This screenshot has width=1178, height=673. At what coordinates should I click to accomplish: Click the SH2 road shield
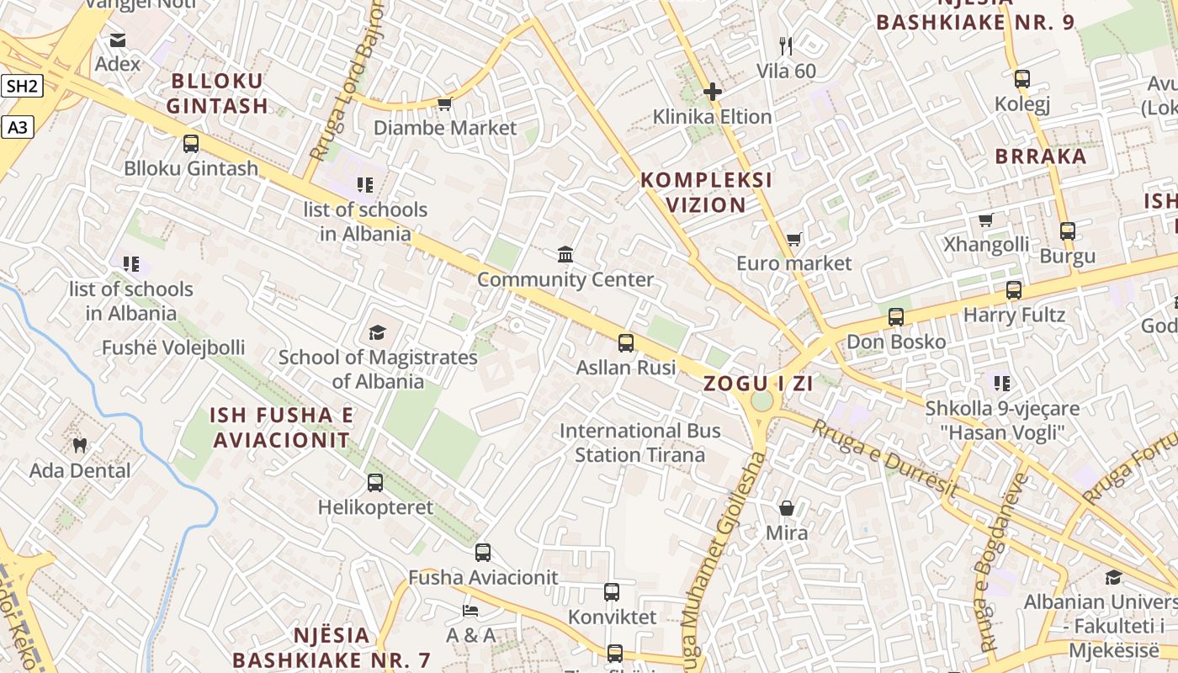tap(22, 86)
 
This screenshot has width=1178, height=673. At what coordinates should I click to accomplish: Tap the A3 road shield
tap(19, 128)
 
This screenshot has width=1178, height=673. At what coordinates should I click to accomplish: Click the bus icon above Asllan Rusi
tap(626, 343)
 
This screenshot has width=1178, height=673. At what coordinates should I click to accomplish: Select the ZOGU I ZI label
tap(758, 384)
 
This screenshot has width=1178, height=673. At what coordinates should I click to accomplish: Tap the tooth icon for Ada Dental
tap(80, 445)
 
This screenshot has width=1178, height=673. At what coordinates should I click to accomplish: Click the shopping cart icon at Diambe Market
tap(444, 103)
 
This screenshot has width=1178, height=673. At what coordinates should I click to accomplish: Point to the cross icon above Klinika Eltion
tap(713, 92)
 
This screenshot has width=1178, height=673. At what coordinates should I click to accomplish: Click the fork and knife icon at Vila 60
tap(786, 45)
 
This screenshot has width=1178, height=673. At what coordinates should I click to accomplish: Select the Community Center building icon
tap(565, 254)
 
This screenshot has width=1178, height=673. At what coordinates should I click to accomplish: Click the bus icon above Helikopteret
tap(375, 483)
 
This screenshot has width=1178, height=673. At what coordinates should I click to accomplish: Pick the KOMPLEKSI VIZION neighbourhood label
tap(706, 193)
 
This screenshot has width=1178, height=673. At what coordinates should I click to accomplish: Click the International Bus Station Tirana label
tap(639, 443)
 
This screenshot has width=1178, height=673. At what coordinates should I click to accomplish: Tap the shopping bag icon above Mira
tap(787, 508)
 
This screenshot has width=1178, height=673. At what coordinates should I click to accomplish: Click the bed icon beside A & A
tap(470, 610)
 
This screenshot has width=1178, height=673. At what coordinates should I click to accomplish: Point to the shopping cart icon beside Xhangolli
tap(985, 220)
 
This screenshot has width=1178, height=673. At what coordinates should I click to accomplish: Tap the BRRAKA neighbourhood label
tap(1040, 156)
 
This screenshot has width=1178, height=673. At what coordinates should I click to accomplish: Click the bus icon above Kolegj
tap(1022, 79)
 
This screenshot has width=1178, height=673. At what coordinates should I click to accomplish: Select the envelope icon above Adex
tap(118, 40)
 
